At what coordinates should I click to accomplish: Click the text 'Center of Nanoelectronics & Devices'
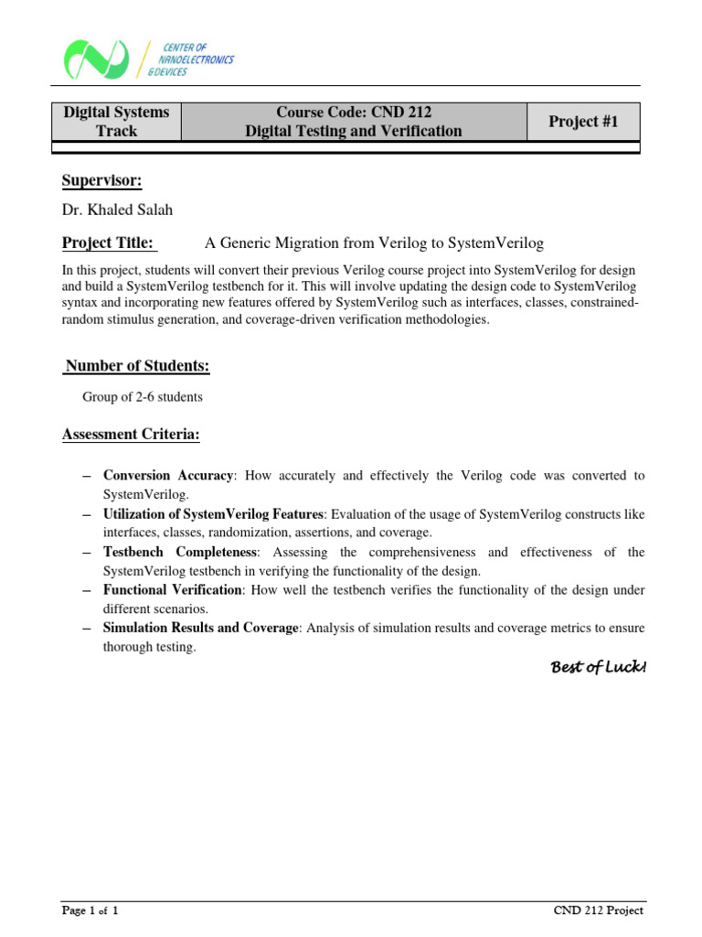tap(196, 59)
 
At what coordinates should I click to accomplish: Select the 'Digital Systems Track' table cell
tap(116, 122)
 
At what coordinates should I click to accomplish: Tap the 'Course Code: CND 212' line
tap(354, 113)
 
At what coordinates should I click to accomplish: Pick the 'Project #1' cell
tap(583, 122)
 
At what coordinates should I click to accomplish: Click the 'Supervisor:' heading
tap(101, 180)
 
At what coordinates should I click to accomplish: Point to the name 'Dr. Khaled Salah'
tap(117, 210)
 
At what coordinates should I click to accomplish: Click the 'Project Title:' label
tap(109, 242)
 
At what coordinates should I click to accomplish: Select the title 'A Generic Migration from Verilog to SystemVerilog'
tap(374, 242)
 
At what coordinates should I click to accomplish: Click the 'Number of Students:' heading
tap(137, 366)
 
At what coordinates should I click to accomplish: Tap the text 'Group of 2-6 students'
tap(143, 397)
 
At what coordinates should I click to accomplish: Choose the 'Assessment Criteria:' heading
tap(131, 435)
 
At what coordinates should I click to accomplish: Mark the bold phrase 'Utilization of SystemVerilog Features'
tap(214, 514)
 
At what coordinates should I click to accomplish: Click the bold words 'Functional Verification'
tap(173, 591)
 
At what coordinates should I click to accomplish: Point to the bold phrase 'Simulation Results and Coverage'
tap(200, 629)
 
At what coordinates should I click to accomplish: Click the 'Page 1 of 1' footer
tap(90, 910)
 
